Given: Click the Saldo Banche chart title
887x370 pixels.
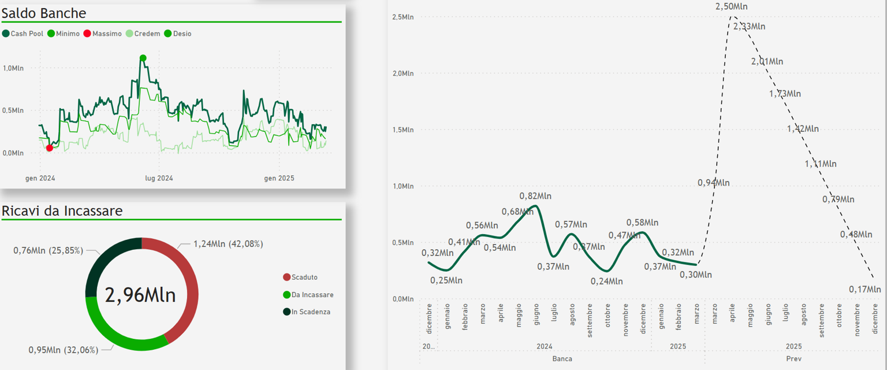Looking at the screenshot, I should [x=44, y=13].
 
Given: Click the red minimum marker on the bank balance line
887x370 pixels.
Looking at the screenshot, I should [x=50, y=148].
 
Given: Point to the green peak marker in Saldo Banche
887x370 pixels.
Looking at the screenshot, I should [x=143, y=58].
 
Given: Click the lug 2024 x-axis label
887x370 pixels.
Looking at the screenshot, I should [x=159, y=178].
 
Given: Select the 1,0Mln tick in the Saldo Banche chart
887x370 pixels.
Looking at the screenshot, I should [x=13, y=68].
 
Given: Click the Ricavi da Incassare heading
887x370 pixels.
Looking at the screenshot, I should [x=62, y=211].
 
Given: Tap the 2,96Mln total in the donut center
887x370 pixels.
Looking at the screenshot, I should [x=140, y=295].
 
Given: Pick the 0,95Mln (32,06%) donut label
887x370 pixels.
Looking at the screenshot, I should [x=64, y=350].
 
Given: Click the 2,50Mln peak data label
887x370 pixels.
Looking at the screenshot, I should [x=731, y=6].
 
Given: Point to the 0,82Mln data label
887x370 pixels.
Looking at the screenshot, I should [x=535, y=196].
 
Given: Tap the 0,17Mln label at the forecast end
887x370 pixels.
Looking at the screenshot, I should [x=864, y=288].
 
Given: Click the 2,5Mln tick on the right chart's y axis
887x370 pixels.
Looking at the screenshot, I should [x=402, y=17].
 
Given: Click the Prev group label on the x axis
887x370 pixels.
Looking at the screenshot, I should [x=793, y=359].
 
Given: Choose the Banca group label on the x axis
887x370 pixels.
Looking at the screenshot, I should [x=562, y=359].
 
